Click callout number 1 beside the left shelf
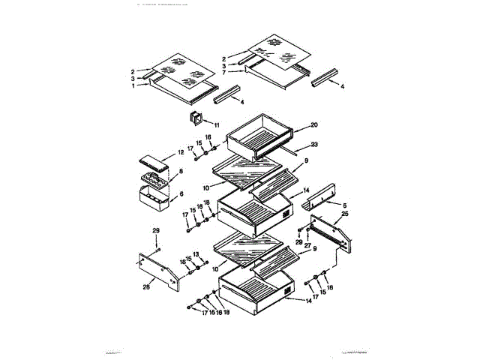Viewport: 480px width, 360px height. tap(134, 85)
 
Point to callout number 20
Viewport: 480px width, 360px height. tap(314, 125)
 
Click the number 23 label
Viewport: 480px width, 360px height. tap(314, 144)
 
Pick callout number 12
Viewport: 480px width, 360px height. tap(180, 152)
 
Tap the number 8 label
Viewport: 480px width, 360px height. tap(180, 172)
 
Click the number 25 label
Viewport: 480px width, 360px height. tap(344, 214)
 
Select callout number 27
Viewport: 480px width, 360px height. tap(307, 245)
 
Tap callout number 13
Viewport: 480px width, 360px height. tap(196, 255)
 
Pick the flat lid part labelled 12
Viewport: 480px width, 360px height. tap(155, 161)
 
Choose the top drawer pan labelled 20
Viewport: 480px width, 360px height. tap(264, 136)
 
